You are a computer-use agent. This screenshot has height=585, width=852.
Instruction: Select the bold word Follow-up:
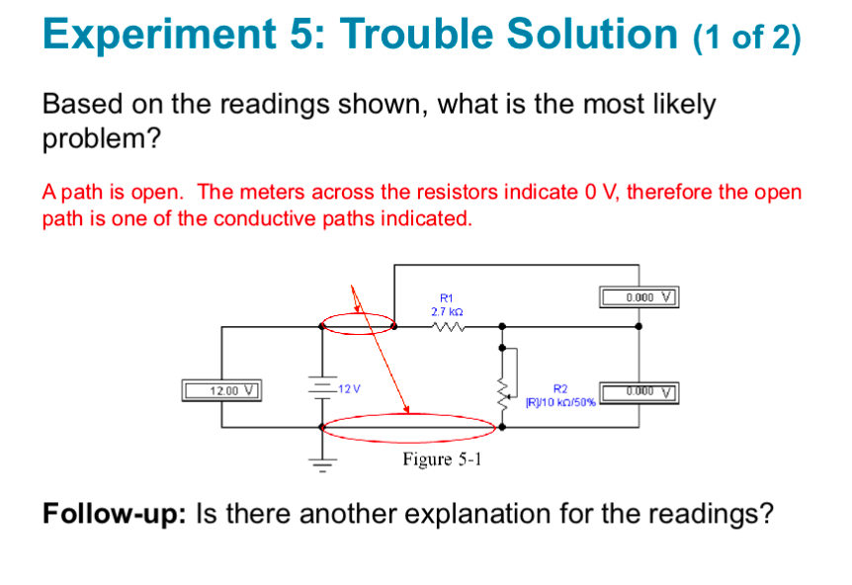point(115,514)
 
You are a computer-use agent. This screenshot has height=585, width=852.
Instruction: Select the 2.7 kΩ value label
point(447,309)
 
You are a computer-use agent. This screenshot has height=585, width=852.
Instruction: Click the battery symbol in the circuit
point(320,387)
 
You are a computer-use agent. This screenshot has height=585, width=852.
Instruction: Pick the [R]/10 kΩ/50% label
point(559,402)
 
